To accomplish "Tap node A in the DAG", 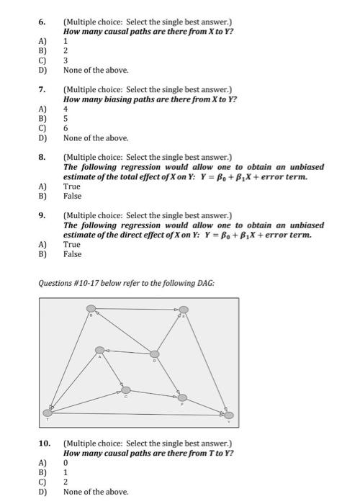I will coord(100,351).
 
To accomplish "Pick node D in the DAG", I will coord(154,354).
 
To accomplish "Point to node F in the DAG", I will coord(182,397).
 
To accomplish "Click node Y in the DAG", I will coord(229,415).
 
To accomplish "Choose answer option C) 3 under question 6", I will coord(65,60).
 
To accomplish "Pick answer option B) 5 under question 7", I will coord(65,118).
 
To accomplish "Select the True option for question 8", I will coord(72,186).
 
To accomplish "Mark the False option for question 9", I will coord(73,253).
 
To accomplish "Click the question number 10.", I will coord(44,444).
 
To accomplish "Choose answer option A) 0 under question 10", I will coord(65,462).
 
